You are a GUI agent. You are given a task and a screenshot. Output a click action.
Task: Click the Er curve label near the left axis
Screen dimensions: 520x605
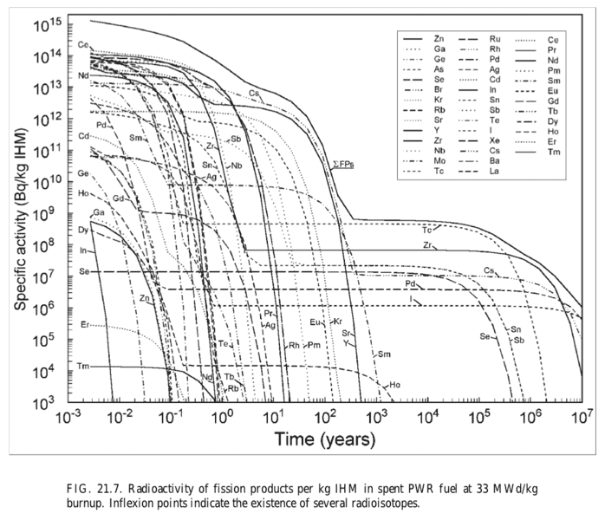coord(84,325)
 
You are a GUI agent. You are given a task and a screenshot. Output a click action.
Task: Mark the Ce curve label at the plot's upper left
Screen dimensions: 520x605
coord(82,44)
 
